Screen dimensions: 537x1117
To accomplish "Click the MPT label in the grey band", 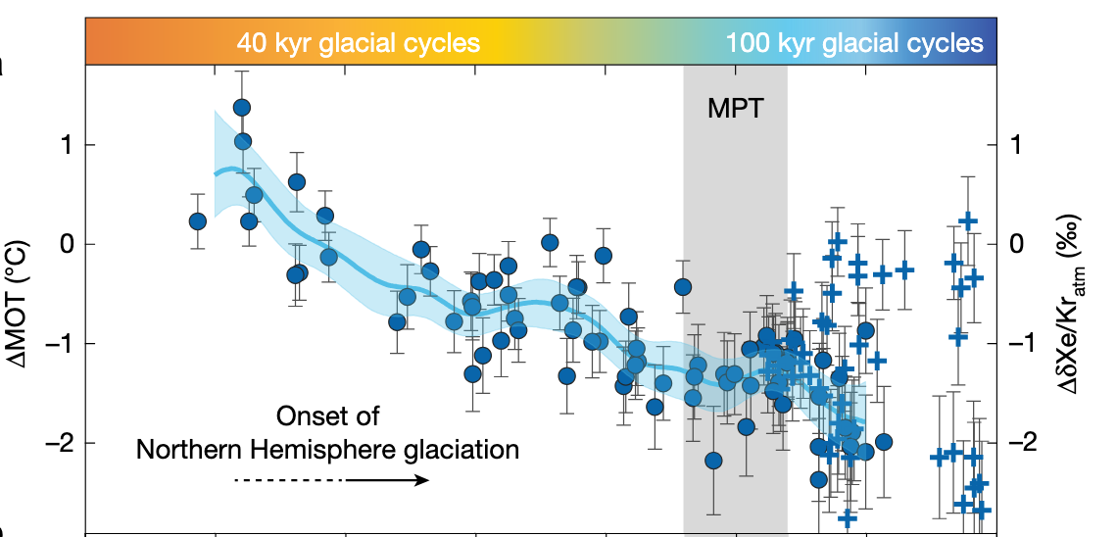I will click(x=734, y=107).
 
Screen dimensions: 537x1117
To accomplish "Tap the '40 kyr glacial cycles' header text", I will click(x=358, y=43).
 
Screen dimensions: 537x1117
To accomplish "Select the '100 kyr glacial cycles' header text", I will click(x=854, y=43).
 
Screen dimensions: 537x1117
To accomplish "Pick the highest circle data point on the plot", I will click(x=242, y=107).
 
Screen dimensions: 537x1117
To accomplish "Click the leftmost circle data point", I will click(x=197, y=221).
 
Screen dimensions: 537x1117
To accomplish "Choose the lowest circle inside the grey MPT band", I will click(x=713, y=461).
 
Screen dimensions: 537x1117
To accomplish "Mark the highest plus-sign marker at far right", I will click(x=968, y=221).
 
